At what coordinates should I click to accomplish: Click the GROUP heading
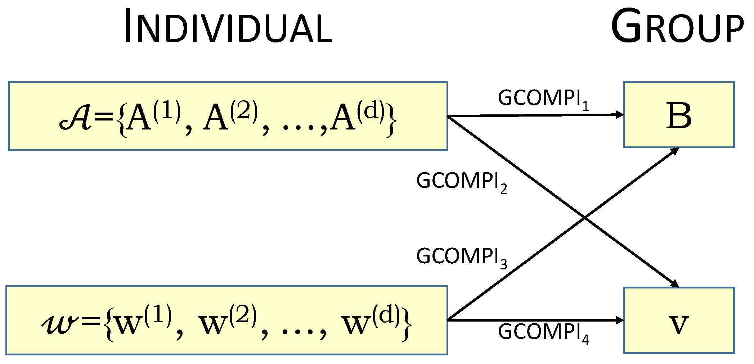[x=677, y=26]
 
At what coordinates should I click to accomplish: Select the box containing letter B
[x=678, y=115]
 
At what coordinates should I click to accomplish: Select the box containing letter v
[x=678, y=320]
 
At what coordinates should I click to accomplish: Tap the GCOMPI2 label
[x=461, y=182]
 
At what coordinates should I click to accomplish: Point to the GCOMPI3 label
[x=461, y=258]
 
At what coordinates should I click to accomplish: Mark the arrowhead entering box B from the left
[x=619, y=115]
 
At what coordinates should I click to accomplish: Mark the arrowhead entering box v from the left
[x=619, y=320]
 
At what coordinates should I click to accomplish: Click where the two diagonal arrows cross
[x=584, y=218]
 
